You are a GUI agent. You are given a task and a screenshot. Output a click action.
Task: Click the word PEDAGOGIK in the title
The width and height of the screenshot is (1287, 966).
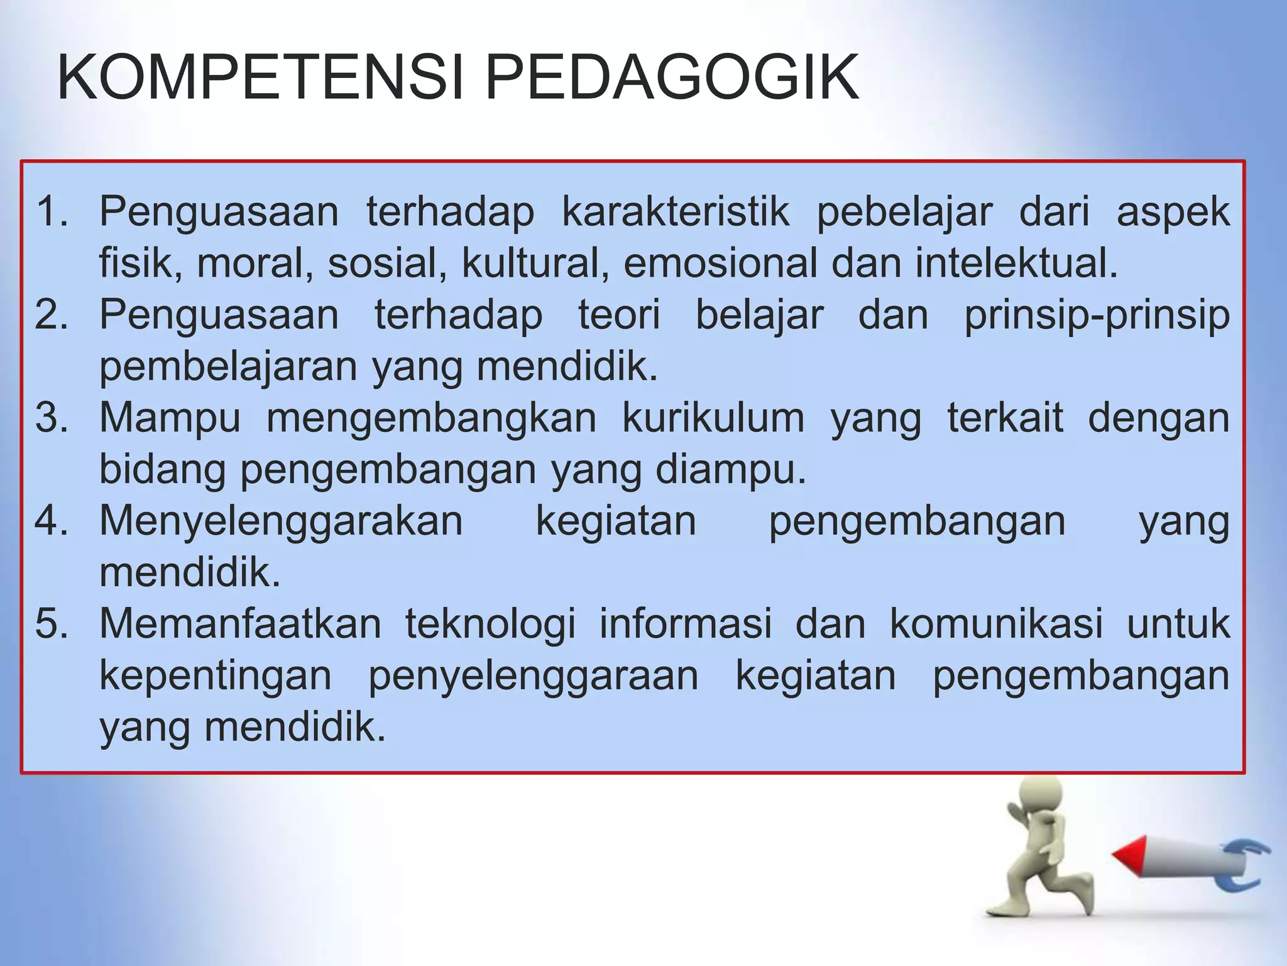[672, 77]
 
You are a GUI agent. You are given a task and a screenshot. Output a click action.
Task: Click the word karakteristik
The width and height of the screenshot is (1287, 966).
[676, 211]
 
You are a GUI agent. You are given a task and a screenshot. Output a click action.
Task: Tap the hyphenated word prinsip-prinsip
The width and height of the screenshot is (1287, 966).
[1097, 316]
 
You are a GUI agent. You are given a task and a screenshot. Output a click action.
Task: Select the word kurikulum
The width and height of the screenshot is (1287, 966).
[713, 418]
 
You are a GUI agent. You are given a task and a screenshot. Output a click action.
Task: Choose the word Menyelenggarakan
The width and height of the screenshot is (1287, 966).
[281, 522]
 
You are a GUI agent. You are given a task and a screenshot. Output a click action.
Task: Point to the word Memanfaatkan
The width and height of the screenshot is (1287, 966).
[240, 624]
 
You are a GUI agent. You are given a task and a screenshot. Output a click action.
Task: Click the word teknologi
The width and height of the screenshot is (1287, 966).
[490, 625]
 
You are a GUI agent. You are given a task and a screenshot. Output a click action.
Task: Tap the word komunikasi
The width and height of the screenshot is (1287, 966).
[996, 624]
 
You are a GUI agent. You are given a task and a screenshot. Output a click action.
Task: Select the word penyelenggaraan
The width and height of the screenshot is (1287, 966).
[533, 677]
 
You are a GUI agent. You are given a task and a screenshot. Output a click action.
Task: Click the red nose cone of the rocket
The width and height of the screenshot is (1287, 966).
[1129, 856]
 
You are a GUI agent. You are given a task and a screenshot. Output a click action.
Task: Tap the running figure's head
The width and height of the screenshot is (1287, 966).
[1040, 796]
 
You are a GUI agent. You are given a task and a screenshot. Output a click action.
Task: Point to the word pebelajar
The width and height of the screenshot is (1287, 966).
[904, 211]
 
